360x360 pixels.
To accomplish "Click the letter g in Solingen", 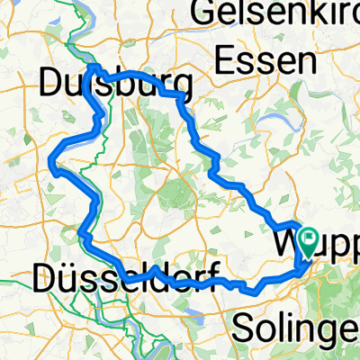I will tap(337, 328).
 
